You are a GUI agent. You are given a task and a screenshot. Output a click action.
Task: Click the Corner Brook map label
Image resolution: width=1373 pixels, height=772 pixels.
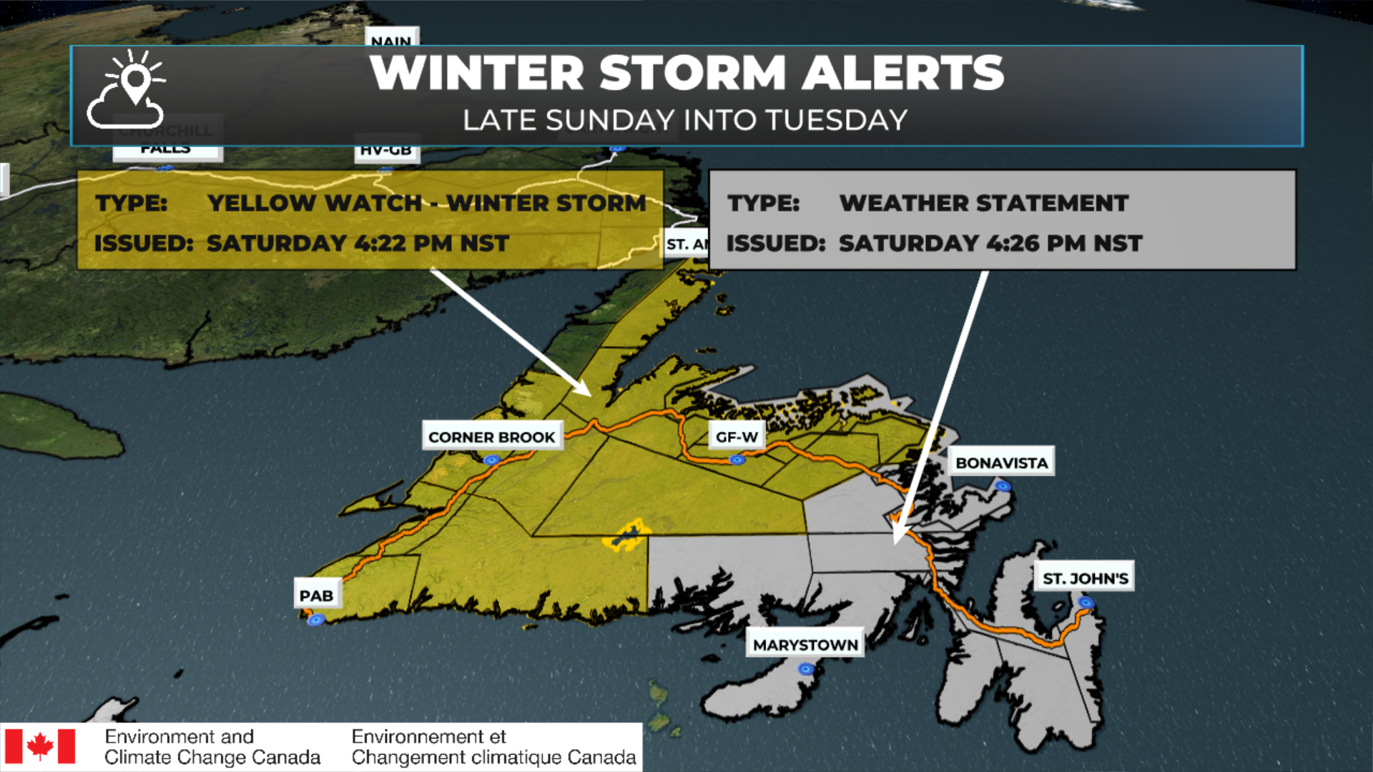pos(492,437)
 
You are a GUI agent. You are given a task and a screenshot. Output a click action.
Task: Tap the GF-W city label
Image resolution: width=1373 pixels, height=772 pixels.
pos(737,437)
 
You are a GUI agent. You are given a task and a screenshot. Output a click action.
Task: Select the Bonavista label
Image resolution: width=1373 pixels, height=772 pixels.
pos(1001,462)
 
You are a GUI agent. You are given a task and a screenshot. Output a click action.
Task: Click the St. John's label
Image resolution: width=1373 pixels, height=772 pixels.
pos(1085,578)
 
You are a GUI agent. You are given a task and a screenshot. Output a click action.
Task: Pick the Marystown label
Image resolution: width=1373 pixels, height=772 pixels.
pos(805,645)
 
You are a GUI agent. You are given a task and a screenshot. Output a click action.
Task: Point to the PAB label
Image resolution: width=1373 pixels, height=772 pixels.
pos(316,595)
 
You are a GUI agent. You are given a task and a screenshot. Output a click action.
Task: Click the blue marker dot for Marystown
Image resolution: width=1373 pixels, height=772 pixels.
pos(806,669)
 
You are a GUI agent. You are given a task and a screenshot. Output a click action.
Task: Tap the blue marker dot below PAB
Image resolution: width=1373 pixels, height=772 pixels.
pos(316,620)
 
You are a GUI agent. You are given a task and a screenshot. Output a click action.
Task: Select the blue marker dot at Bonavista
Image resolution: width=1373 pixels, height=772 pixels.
pos(1003,486)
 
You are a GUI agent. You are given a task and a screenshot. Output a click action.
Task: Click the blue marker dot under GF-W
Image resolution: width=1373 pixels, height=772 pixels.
pos(737,460)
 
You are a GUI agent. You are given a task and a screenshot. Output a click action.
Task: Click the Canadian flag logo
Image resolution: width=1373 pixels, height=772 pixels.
pos(40,747)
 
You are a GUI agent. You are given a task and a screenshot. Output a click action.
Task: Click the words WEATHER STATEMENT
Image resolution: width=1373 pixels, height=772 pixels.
pos(984,203)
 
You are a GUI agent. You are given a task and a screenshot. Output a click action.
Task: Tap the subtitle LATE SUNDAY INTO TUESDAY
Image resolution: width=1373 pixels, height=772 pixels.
pos(685,120)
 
